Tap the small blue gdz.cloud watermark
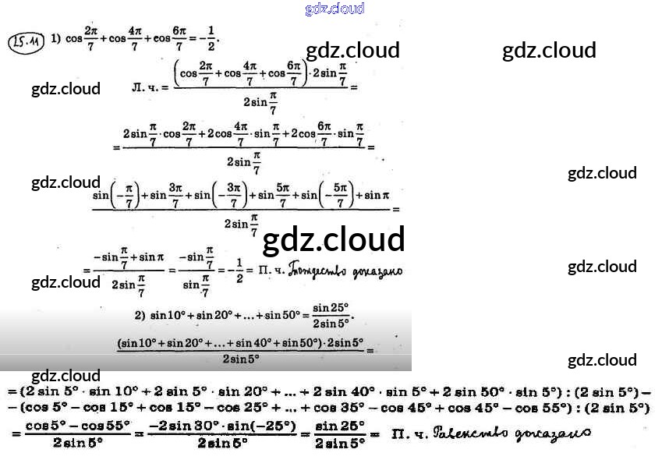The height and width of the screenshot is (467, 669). click(x=335, y=9)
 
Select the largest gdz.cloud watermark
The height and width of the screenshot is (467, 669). click(x=334, y=240)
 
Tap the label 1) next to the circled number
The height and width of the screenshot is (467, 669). click(x=56, y=37)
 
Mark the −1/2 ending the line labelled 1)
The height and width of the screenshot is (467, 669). click(x=205, y=39)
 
